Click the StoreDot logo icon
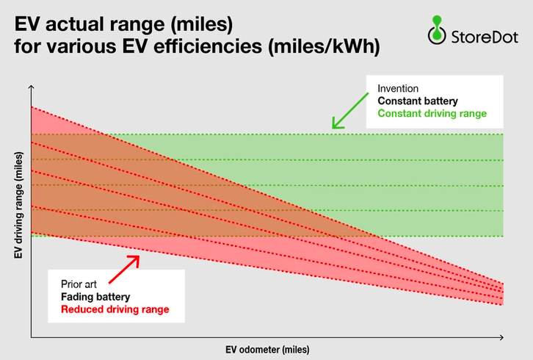point(437,30)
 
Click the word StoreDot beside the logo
point(485,37)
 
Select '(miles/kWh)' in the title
point(324,46)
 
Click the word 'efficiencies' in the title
point(208,46)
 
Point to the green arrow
point(349,111)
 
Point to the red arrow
point(124,269)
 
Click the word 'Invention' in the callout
point(398,88)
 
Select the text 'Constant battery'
point(418,101)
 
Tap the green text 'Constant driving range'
point(432,113)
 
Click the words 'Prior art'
point(79,284)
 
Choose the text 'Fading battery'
point(95,297)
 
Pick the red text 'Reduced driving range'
point(115,309)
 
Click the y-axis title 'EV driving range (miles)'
point(18,205)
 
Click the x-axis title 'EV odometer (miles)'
point(267,350)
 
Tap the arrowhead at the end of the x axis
point(503,337)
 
